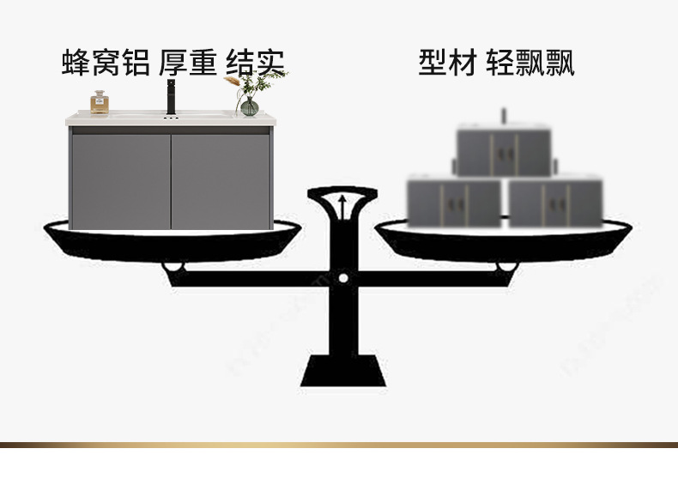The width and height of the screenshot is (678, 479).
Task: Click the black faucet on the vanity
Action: [169, 97]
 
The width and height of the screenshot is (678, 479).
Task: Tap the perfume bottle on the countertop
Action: [100, 102]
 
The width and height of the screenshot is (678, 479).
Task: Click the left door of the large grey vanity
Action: [120, 180]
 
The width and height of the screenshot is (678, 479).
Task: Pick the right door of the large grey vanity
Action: [221, 180]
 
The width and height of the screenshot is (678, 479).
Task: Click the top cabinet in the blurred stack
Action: [504, 151]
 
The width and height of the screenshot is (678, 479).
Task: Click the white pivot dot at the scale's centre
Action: [343, 278]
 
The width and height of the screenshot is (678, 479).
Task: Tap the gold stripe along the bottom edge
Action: [339, 445]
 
